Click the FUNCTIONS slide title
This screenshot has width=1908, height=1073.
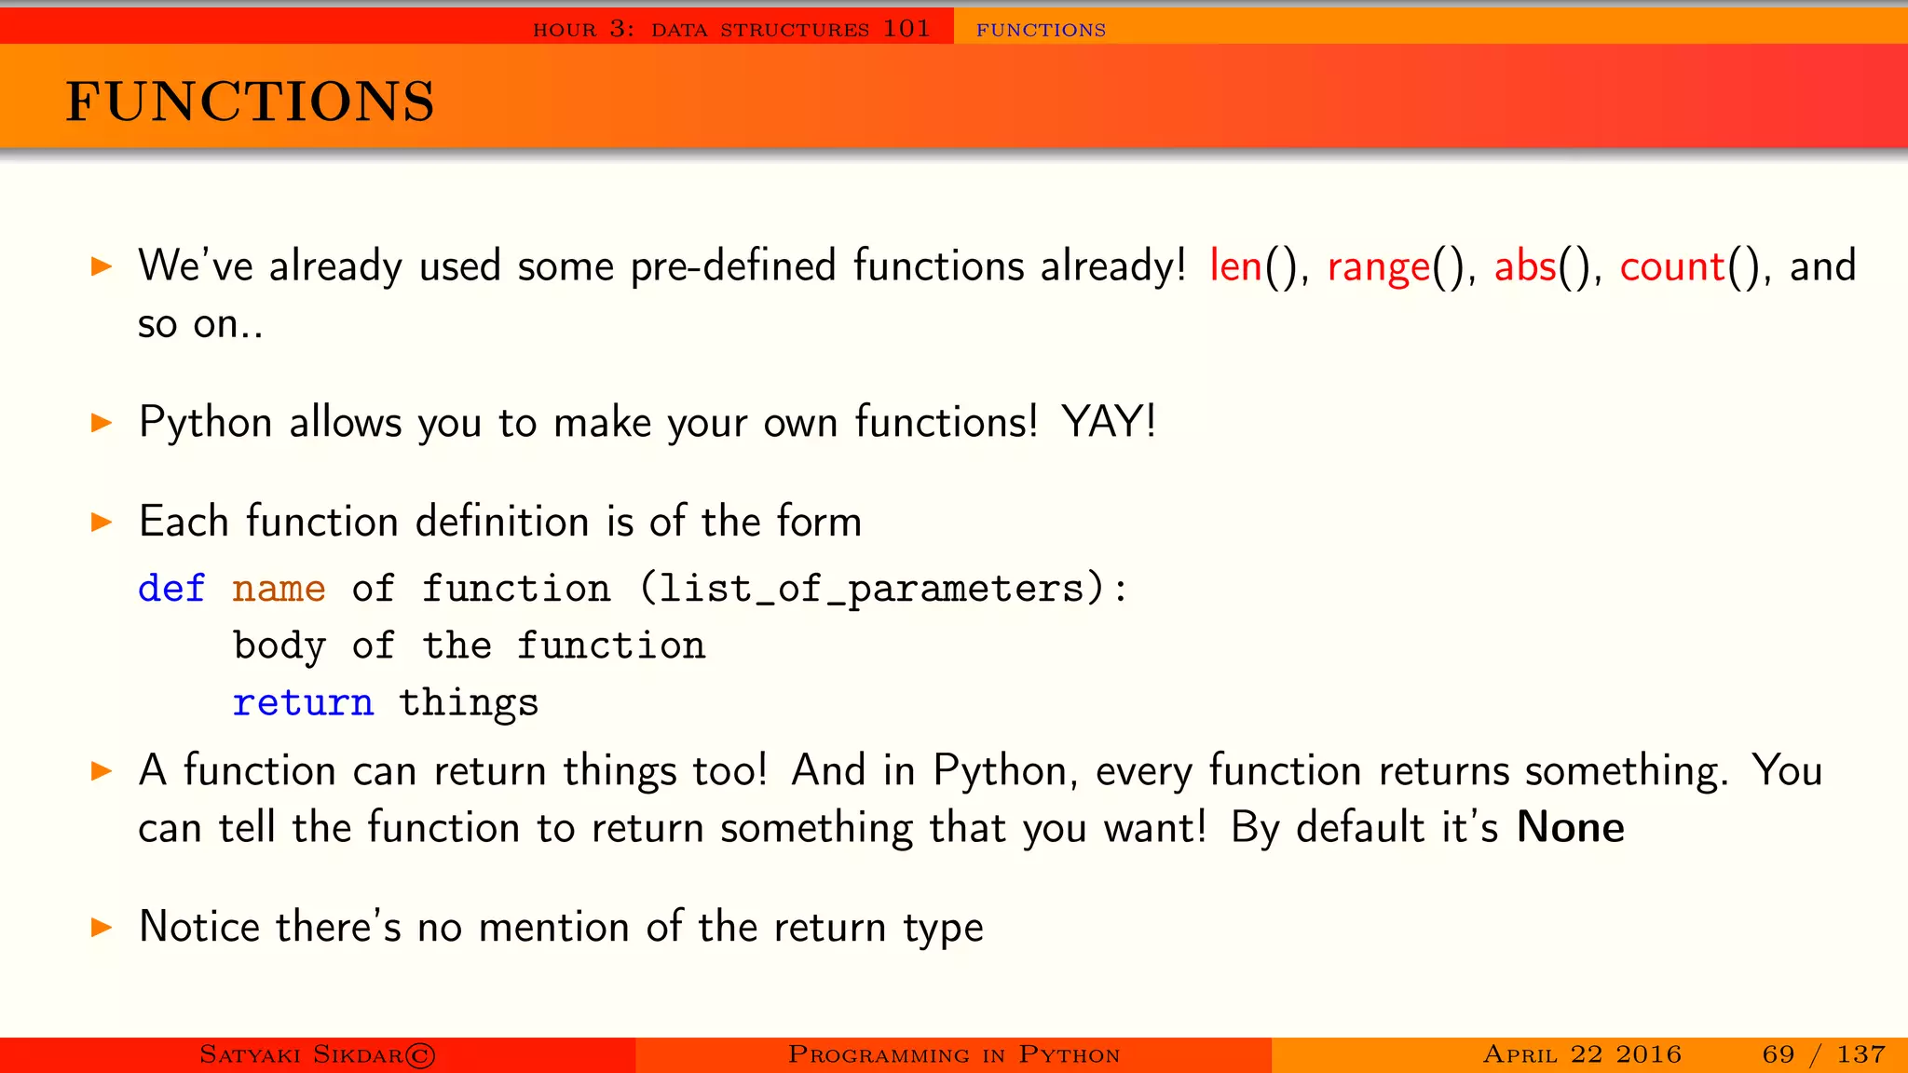[250, 102]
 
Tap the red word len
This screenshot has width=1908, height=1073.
[1235, 266]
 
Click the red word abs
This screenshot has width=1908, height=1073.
[1525, 266]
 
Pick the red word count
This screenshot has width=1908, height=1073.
[1672, 267]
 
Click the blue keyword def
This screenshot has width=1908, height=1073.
[171, 589]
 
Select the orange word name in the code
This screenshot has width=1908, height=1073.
[279, 589]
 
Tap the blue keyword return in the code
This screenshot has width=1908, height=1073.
[303, 702]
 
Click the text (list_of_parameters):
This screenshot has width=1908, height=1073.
[883, 590]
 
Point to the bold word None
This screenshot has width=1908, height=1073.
[1571, 827]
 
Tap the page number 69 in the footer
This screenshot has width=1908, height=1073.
[1778, 1054]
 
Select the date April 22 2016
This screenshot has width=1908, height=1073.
[1582, 1054]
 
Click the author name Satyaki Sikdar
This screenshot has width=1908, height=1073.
[317, 1054]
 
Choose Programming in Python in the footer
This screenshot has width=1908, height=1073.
[953, 1054]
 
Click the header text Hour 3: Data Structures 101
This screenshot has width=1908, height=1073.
[731, 29]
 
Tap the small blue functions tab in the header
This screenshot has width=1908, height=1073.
[1041, 30]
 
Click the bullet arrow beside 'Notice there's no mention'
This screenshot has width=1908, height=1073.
[102, 927]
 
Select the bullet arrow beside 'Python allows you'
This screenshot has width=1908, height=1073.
[102, 423]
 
